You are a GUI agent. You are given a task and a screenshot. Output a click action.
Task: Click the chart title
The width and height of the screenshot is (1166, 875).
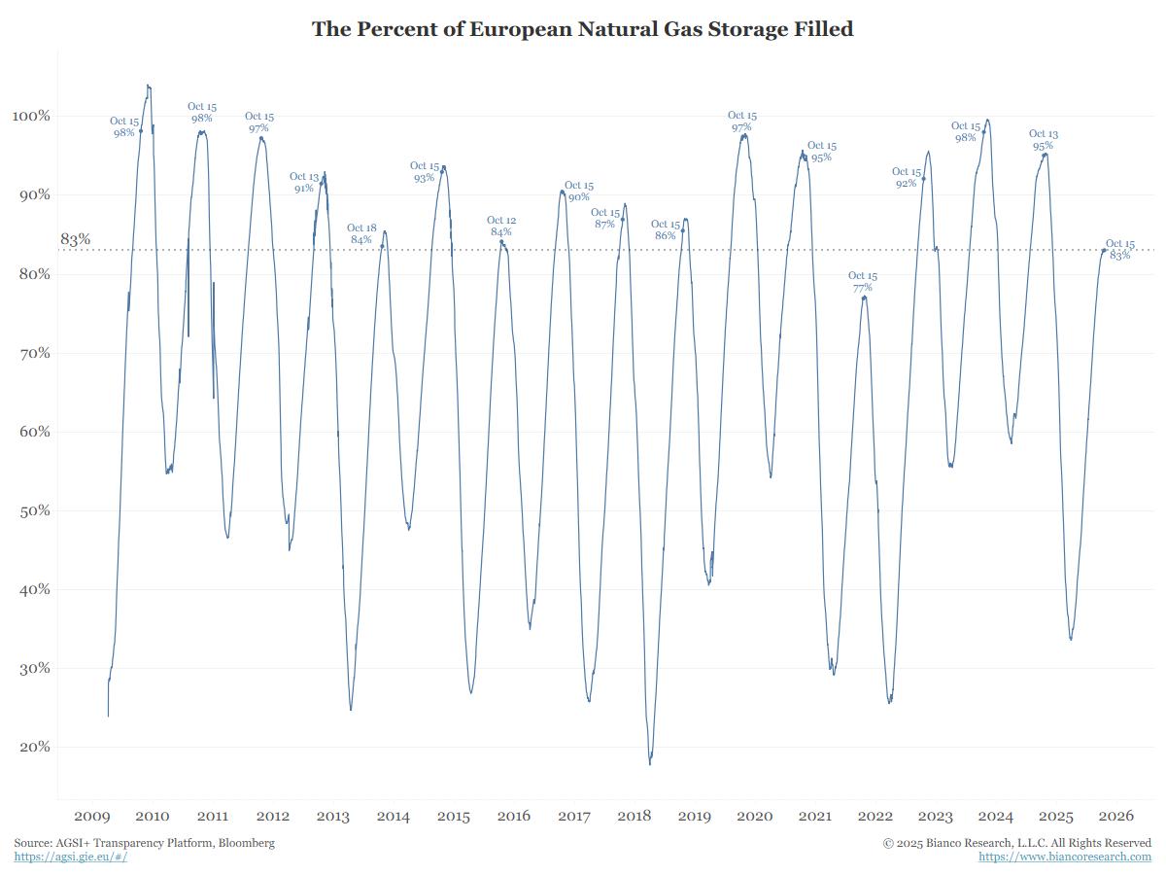coord(582,29)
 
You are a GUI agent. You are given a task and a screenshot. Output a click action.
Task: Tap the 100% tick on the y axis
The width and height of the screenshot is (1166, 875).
coord(30,116)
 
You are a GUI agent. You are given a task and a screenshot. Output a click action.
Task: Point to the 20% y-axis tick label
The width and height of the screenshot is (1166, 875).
coord(31,747)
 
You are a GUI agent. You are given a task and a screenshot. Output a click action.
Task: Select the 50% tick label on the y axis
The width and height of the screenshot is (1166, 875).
coord(31,510)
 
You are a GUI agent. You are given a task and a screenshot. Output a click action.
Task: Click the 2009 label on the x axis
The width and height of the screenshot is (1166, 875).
coord(92,816)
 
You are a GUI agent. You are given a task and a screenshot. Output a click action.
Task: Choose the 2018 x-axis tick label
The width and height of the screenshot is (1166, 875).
coord(634,816)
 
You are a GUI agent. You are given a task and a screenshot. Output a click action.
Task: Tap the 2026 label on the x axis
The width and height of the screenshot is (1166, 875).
coord(1116,816)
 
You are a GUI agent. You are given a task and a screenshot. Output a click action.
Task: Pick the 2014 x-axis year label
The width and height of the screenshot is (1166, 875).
coord(394,816)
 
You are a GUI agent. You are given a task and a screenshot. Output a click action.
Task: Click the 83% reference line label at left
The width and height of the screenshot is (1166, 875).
coord(75,239)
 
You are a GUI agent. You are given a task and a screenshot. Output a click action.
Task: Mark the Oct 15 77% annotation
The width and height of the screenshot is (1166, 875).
coord(862,282)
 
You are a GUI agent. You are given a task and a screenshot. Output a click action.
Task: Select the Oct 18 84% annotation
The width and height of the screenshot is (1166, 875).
coord(361,234)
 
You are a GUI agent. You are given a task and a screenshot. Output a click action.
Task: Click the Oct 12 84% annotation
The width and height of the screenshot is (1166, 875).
coord(501,227)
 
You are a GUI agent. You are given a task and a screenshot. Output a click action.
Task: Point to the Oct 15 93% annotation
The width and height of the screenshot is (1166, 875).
coord(425,172)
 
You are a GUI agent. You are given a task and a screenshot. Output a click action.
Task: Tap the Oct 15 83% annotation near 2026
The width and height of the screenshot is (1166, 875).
coord(1120,250)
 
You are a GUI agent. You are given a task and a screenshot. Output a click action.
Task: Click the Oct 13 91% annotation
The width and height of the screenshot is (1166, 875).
coord(304,183)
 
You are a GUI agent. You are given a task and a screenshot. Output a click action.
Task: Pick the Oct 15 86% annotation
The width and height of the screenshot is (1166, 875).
coord(666,230)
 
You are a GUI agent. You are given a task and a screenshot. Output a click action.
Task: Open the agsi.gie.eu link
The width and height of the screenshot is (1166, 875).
coord(70,857)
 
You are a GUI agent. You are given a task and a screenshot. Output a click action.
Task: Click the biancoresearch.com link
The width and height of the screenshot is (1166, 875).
coord(1065,857)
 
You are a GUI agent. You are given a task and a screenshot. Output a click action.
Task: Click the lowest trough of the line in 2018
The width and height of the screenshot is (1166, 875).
coord(650,763)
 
